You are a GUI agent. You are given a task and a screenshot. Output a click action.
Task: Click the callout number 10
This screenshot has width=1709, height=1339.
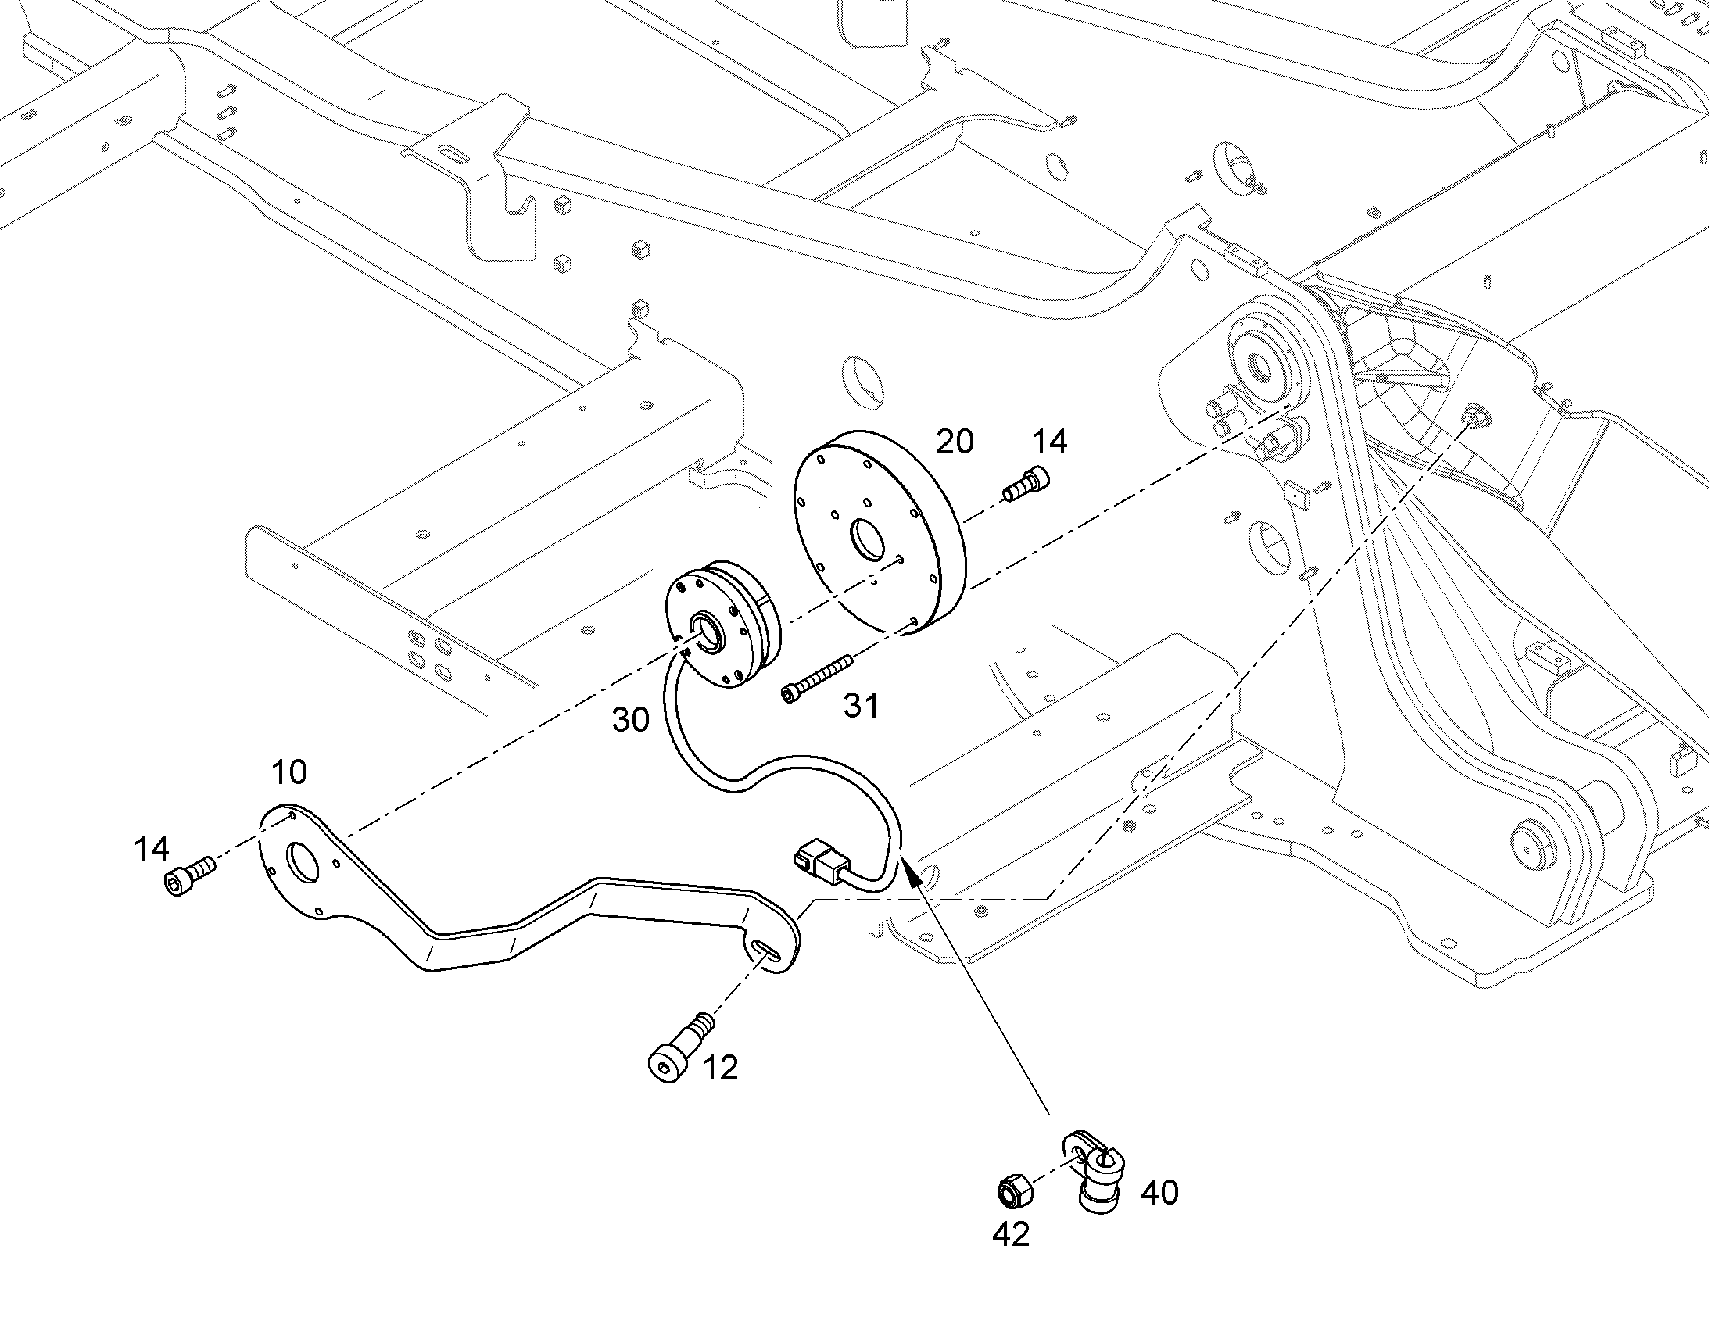click(289, 772)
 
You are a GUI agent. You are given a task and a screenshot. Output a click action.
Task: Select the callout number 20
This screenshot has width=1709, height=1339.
click(955, 442)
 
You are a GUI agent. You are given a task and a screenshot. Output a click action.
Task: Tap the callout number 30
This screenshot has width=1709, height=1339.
click(631, 720)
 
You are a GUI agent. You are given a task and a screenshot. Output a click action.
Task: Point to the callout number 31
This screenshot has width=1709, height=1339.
click(861, 707)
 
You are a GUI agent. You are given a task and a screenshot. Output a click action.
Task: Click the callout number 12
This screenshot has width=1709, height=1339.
click(721, 1068)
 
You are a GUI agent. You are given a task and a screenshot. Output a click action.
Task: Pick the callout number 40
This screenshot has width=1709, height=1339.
click(1159, 1192)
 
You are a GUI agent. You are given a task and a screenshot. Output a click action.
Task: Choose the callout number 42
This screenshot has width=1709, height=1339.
click(1011, 1235)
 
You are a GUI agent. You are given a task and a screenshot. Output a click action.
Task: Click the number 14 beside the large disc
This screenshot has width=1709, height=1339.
click(1049, 442)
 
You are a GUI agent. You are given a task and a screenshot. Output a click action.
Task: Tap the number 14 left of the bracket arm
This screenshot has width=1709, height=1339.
click(152, 848)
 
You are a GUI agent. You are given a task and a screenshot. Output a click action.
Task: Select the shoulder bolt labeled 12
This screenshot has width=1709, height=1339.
click(681, 1047)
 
